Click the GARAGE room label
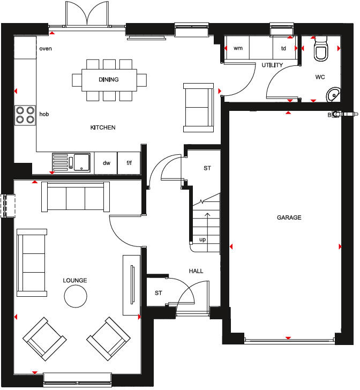(x=289, y=217)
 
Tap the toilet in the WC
(x=321, y=50)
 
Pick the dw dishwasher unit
(x=106, y=163)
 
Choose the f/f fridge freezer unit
(x=129, y=163)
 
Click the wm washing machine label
(x=238, y=48)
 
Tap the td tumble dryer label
(x=283, y=48)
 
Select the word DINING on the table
(x=109, y=80)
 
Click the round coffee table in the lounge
(x=76, y=295)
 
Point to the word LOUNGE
(x=74, y=280)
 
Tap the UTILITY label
(x=272, y=65)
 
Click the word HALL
(x=196, y=271)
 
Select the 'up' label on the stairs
(x=202, y=239)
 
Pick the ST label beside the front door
(x=158, y=293)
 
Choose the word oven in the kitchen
(x=46, y=49)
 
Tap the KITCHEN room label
(x=103, y=127)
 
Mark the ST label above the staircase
(x=207, y=168)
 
